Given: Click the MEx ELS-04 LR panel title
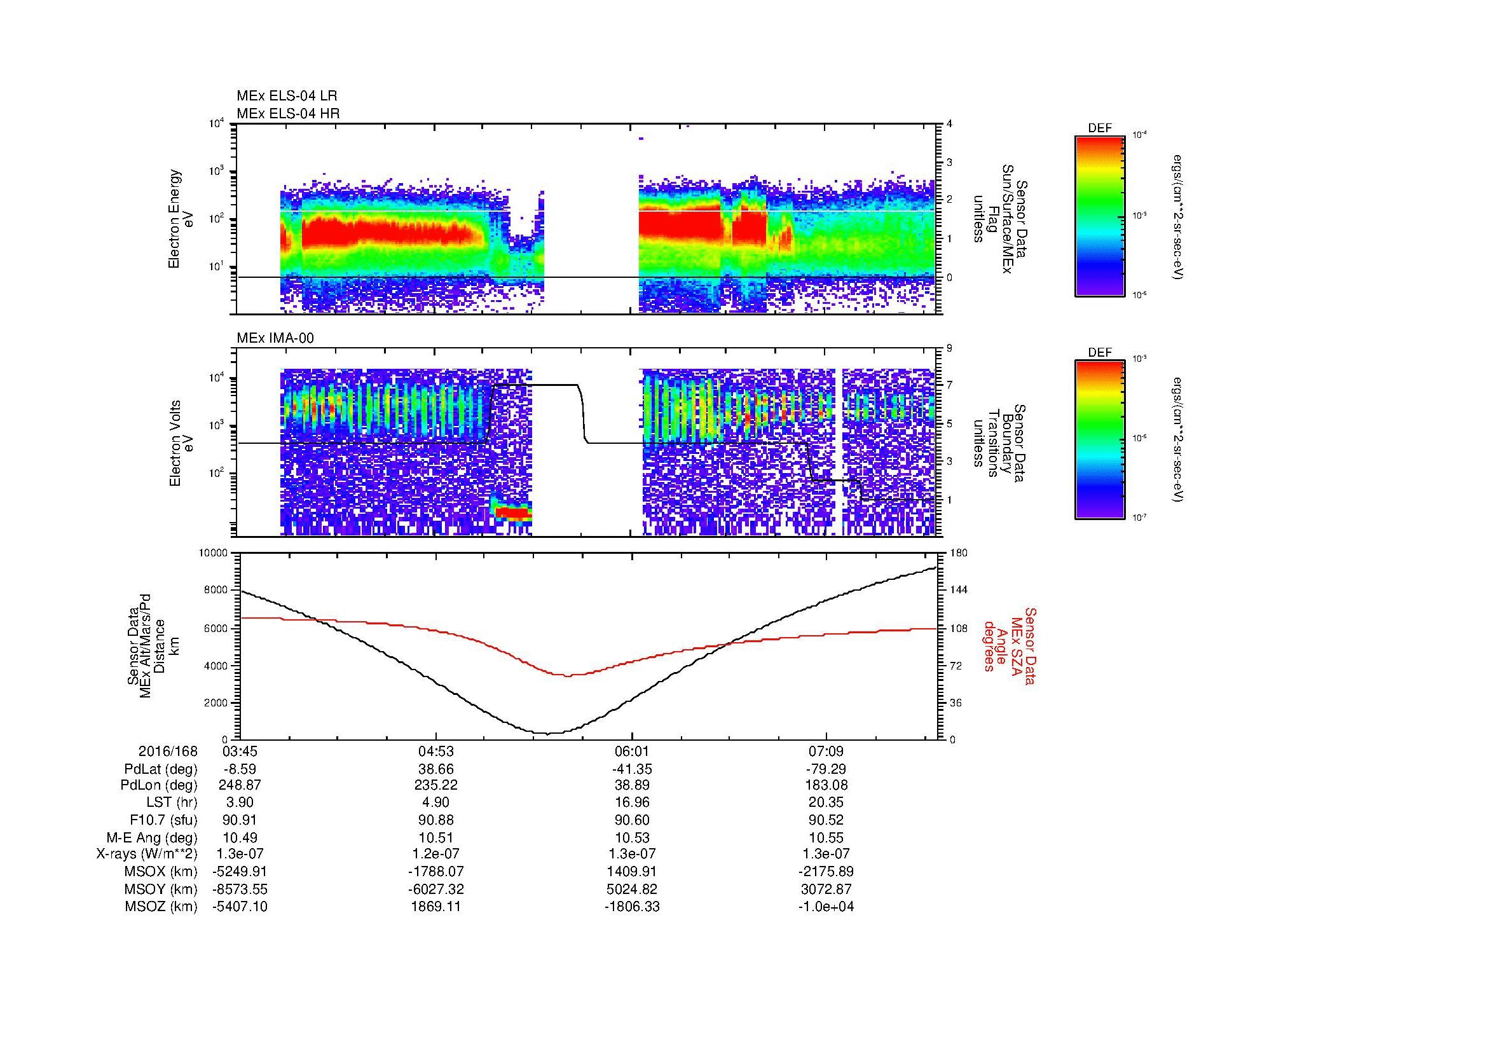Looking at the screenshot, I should [x=287, y=96].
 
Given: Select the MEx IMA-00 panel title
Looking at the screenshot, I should [x=275, y=338].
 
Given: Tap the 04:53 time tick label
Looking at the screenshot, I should [x=436, y=752].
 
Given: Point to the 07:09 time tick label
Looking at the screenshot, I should [x=826, y=752].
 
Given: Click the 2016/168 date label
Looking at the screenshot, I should [x=168, y=752].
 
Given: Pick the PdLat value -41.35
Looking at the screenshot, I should [x=631, y=769].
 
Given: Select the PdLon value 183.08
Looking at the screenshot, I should [x=826, y=785].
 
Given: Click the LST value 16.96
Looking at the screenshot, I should [x=631, y=803].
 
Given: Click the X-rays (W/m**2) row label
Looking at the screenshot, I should [x=146, y=854].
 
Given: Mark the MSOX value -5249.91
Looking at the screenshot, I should [x=240, y=872].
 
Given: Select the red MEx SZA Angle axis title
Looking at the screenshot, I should [x=1010, y=646].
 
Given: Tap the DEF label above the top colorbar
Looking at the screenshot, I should [x=1100, y=128].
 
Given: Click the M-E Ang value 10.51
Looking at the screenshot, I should [x=436, y=838].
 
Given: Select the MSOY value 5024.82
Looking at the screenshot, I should [x=631, y=890].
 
